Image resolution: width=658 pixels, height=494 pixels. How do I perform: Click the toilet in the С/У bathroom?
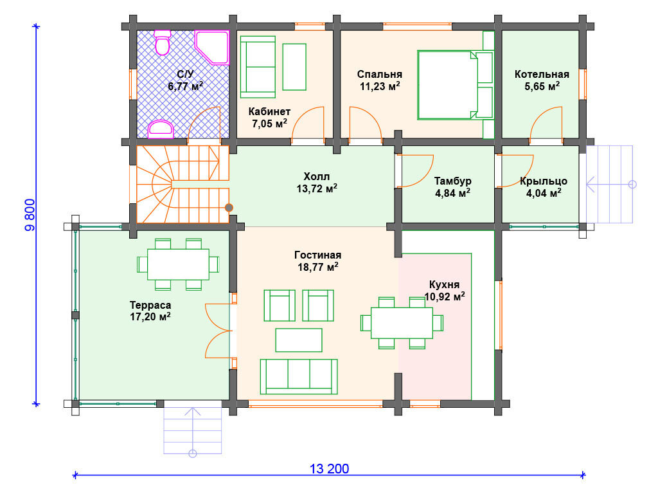pos(162,42)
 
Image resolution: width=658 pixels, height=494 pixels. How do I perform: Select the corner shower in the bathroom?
pos(212,47)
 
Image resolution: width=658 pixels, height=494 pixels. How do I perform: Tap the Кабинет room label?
pos(269,112)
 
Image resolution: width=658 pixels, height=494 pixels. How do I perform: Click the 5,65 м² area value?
pos(542,87)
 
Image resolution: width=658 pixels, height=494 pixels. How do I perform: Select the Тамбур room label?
pos(452,181)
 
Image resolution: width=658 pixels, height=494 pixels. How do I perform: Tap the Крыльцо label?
pos(544,181)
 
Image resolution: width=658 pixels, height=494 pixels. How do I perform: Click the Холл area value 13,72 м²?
pos(317,188)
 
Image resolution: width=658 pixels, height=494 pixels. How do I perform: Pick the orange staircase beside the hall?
pos(182,184)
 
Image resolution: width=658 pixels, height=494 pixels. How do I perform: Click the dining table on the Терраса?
pos(178,264)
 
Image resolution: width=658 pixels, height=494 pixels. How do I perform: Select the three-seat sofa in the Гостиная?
pos(299,376)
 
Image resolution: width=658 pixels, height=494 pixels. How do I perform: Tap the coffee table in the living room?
pos(299,340)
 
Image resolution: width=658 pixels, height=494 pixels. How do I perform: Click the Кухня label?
pos(445,284)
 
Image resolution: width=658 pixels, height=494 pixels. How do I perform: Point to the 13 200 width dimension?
pos(330,469)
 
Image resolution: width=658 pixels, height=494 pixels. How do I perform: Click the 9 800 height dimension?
pos(31,215)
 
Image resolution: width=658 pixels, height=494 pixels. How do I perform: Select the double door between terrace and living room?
pos(218,331)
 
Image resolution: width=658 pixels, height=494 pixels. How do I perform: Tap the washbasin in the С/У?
pos(161,129)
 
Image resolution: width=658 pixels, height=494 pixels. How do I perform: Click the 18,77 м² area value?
pos(317,267)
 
